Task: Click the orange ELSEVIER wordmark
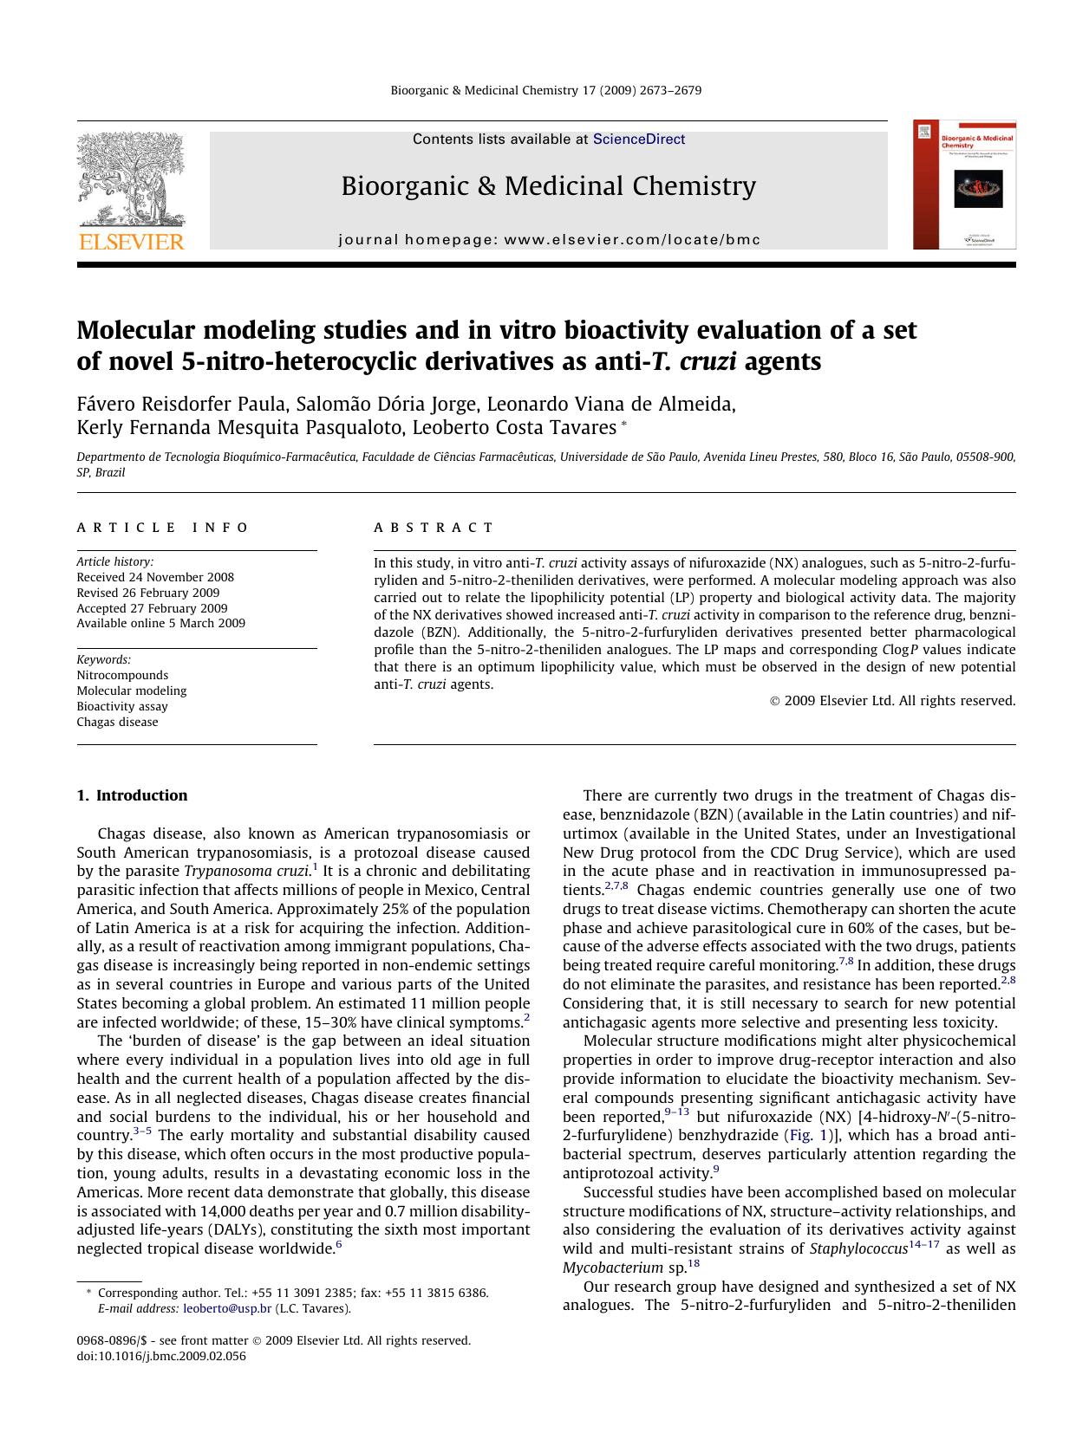tap(131, 242)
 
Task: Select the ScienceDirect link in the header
tap(638, 139)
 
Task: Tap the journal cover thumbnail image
tap(964, 185)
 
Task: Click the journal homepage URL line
tap(549, 240)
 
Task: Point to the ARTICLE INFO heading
tap(162, 528)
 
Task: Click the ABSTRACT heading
tap(434, 528)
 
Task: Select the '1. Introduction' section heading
tap(132, 795)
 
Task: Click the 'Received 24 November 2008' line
tap(155, 577)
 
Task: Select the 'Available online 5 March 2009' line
tap(160, 623)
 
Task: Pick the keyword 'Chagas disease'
tap(117, 722)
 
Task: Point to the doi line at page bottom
tap(161, 1356)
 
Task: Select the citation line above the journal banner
tap(546, 90)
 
